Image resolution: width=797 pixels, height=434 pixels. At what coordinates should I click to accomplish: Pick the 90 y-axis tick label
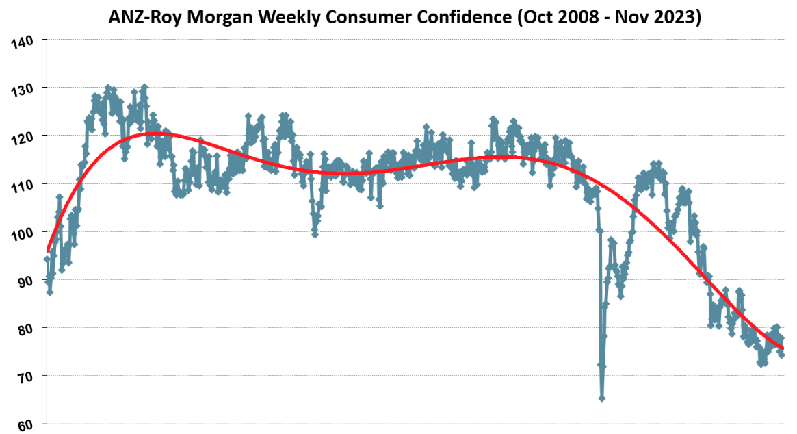coord(25,281)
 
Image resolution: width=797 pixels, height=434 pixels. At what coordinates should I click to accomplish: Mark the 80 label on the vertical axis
coord(25,329)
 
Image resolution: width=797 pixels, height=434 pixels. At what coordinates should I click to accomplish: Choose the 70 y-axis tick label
coord(25,377)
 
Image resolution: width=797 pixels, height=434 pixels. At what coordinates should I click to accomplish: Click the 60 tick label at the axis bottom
coord(25,425)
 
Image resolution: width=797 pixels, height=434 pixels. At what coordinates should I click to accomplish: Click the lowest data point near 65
coord(601,398)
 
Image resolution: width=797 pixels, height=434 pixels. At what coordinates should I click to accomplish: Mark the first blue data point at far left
coord(47,259)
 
